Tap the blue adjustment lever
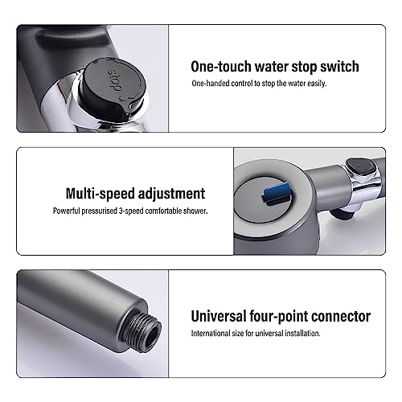coord(276,192)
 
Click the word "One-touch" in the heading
coord(221,67)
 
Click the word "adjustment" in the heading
coord(171,194)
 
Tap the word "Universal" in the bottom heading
coord(219,316)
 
